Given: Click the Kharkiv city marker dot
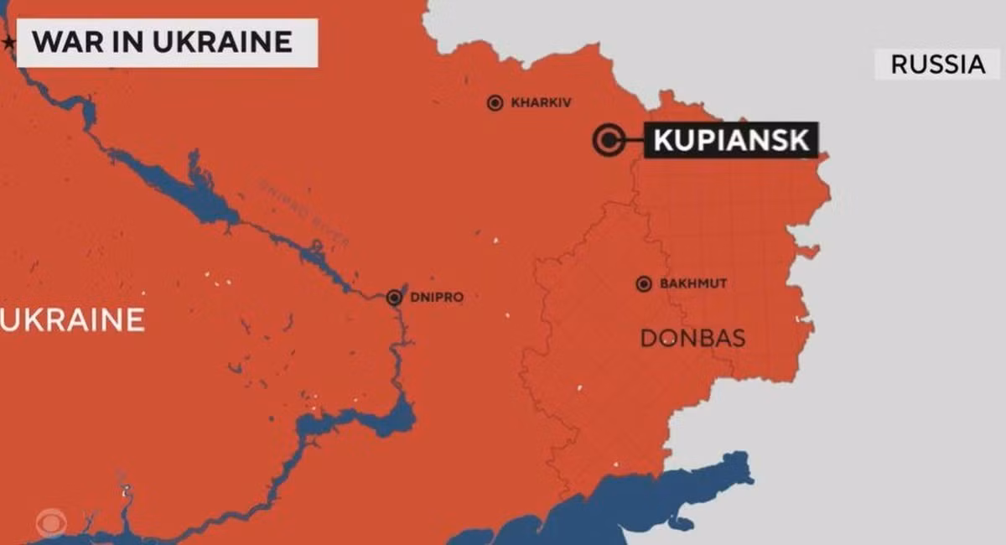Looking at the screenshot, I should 495,103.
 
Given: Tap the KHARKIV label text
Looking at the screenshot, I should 541,103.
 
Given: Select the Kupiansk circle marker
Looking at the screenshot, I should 607,139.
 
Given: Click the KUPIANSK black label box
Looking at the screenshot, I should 731,140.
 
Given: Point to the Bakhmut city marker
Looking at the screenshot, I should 644,284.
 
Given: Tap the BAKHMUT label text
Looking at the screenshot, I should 693,284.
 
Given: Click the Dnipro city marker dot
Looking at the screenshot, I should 395,297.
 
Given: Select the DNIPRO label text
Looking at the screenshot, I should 437,297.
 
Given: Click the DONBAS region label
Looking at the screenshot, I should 692,338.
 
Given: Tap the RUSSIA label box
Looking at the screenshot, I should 938,65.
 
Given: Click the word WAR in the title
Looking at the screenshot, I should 63,41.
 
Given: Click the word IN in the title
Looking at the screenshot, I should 123,41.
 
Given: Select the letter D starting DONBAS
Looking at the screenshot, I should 648,338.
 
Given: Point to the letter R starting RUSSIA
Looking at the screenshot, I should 898,65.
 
